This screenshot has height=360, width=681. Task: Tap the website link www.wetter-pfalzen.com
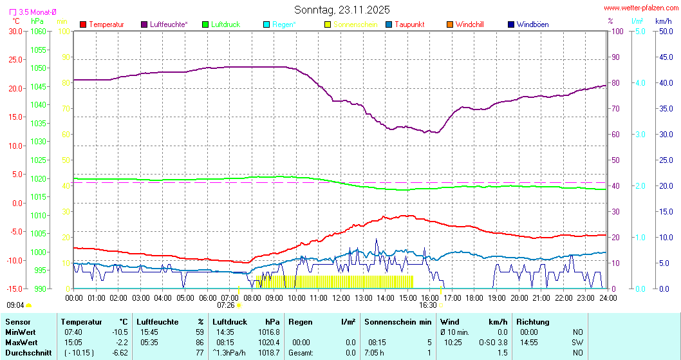coord(640,8)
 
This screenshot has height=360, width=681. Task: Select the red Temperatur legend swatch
coord(83,24)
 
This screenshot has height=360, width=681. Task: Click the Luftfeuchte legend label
coord(169,24)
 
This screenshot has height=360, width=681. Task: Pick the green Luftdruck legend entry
coord(225,24)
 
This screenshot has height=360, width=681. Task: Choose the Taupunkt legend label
coord(409,24)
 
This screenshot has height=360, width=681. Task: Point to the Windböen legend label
coord(532,24)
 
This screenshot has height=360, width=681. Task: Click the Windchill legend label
coord(469,24)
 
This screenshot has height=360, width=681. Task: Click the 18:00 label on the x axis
coord(474,298)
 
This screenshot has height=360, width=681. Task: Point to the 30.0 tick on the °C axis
coord(15,31)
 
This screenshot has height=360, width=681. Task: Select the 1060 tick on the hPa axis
coord(38,31)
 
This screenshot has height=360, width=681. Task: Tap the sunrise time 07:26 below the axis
coord(226,305)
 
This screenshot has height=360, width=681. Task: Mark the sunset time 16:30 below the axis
coord(428,305)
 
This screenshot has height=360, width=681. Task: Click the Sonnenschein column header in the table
coord(391,321)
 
